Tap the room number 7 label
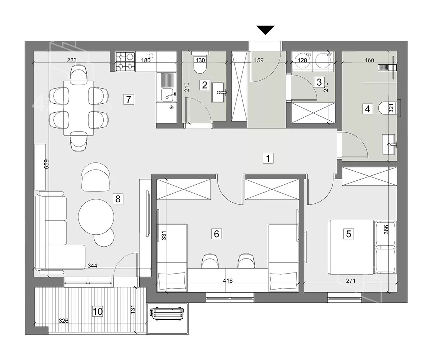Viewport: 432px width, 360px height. (129, 99)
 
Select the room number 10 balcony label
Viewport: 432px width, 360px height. (98, 311)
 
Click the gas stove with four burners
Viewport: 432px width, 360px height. (125, 61)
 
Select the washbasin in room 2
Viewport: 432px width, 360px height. (218, 92)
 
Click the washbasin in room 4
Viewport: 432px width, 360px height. (389, 144)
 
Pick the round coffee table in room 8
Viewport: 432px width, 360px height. (96, 217)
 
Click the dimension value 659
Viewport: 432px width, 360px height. (46, 164)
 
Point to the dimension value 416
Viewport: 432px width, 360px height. (228, 281)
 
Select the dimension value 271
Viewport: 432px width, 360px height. (351, 281)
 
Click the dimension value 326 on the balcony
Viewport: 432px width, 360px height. (63, 321)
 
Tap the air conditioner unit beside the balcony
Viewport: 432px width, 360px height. (167, 315)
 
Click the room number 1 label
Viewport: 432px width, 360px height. (268, 158)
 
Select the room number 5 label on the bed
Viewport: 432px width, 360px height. (348, 234)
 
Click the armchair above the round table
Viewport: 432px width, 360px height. (95, 177)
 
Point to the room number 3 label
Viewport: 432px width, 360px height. (319, 82)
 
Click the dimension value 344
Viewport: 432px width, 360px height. (92, 266)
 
